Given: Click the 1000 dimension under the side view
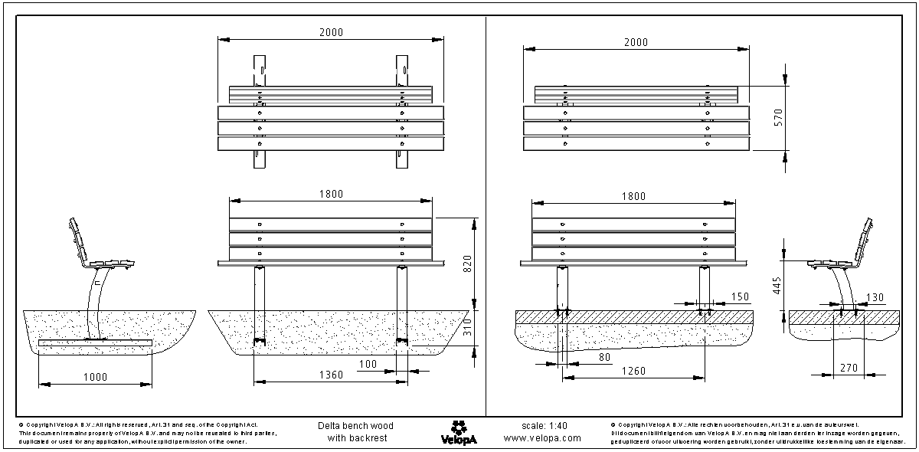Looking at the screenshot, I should pyautogui.click(x=95, y=377).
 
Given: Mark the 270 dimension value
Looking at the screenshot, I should pyautogui.click(x=848, y=368).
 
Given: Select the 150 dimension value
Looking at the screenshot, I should pyautogui.click(x=740, y=296).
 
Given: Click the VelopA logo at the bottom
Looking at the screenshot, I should pyautogui.click(x=459, y=431).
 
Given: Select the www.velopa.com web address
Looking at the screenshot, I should pyautogui.click(x=542, y=438).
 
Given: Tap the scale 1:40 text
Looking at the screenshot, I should pyautogui.click(x=543, y=425).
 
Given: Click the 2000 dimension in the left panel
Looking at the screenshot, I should pyautogui.click(x=331, y=32).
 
